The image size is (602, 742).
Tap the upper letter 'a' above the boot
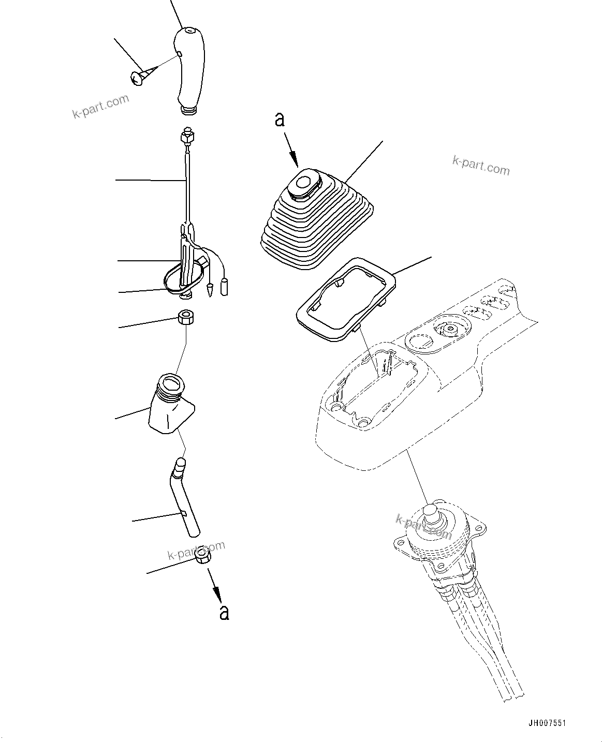(x=280, y=120)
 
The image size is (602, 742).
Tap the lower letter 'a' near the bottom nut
(x=224, y=612)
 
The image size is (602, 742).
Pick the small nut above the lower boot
(x=185, y=316)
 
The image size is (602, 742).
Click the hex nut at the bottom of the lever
(x=202, y=558)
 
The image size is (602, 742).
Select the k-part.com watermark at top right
(x=481, y=167)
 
